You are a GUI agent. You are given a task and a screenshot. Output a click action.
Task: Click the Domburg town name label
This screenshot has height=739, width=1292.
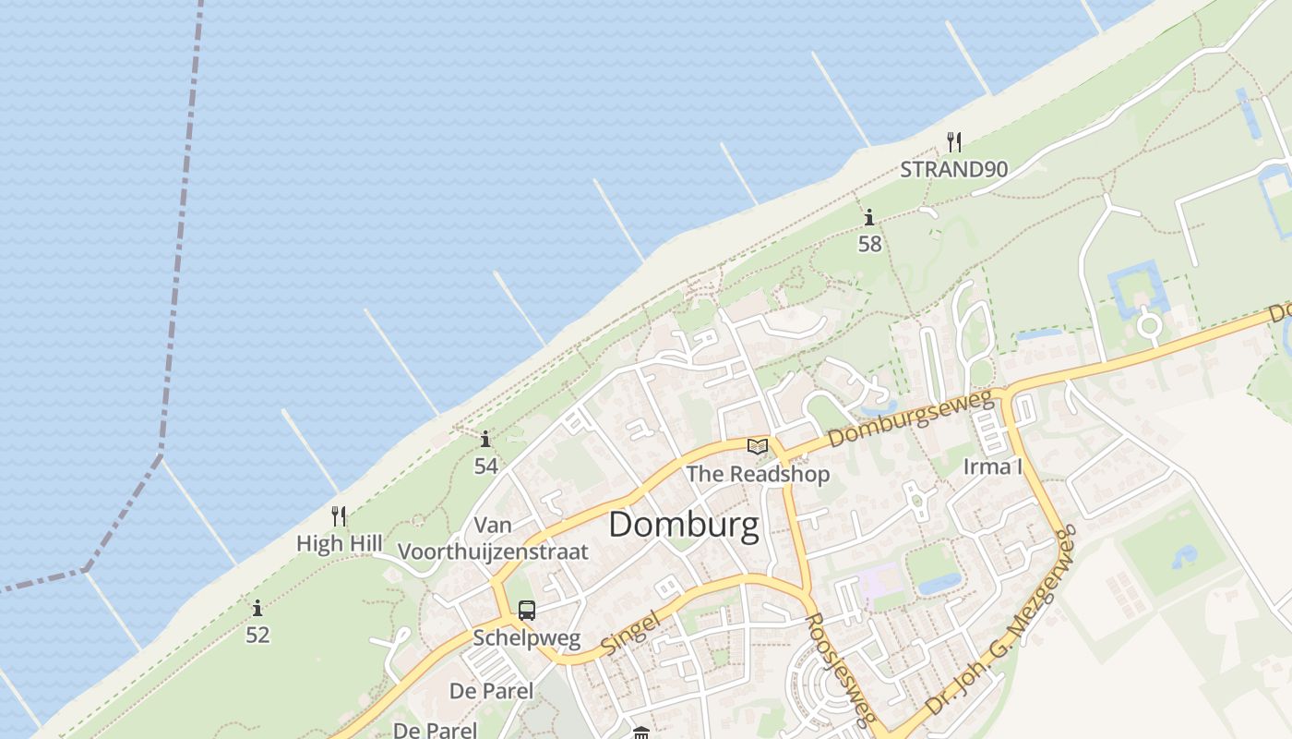tap(684, 525)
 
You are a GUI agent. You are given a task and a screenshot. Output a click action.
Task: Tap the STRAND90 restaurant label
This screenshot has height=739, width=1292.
tap(953, 169)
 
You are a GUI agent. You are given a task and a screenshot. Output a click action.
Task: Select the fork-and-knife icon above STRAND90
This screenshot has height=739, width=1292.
tap(954, 142)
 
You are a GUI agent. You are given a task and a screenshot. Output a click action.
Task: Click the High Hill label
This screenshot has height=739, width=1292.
tap(339, 544)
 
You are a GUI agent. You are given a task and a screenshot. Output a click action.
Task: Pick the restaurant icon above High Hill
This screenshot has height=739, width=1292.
tap(339, 516)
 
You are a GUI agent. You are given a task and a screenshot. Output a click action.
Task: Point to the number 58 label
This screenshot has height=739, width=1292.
tap(869, 244)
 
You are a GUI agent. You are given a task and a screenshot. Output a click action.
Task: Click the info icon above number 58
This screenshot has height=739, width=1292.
tap(869, 218)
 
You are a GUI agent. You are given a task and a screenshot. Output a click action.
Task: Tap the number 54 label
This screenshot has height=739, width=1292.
tap(485, 466)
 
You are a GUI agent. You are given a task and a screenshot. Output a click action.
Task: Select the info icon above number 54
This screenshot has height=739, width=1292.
tap(485, 439)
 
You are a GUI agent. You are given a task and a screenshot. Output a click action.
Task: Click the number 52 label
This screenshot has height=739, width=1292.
tap(257, 635)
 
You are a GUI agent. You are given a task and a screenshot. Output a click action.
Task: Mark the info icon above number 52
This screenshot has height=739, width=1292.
tap(257, 608)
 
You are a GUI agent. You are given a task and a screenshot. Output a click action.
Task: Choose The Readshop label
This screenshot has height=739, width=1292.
tap(758, 474)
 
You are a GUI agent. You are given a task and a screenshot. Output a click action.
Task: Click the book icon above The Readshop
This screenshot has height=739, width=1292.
tap(758, 447)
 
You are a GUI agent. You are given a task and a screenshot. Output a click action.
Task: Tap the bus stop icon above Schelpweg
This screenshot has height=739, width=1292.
tap(526, 611)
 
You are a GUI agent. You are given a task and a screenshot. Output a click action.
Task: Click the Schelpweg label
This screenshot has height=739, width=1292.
tap(526, 637)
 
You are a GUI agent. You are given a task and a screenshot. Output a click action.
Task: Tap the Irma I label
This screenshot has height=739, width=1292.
tap(992, 466)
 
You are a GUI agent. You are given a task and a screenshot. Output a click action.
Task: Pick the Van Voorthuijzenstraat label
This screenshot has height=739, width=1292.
tap(493, 539)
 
